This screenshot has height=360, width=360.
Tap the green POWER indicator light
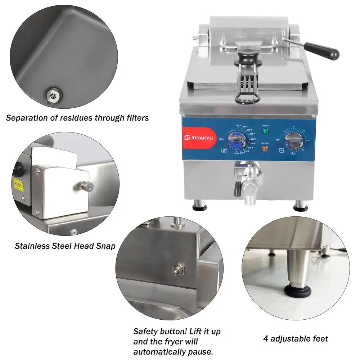click(x=265, y=131)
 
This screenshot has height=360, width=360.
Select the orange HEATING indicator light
click(x=265, y=148)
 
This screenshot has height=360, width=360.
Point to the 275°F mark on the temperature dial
click(x=253, y=139)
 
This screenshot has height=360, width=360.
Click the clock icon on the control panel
click(x=281, y=150)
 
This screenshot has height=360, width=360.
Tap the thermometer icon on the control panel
click(x=224, y=151)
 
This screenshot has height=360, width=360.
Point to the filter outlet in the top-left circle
click(x=53, y=95)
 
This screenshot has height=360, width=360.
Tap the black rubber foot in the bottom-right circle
click(x=298, y=291)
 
